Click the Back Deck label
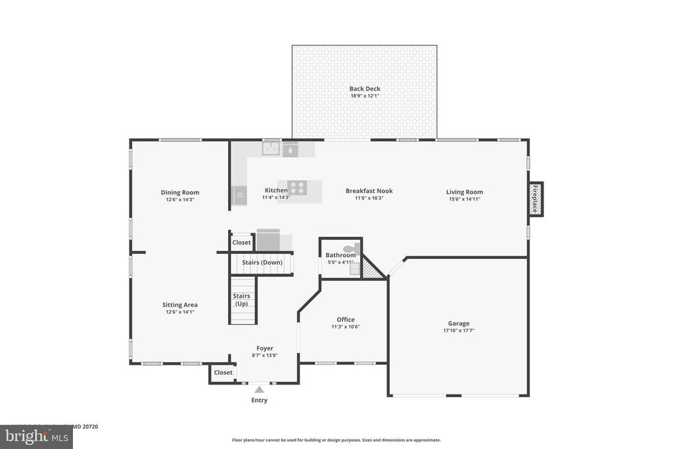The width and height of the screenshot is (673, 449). click(365, 89)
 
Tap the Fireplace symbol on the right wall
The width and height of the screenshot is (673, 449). click(536, 199)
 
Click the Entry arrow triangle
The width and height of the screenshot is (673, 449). click(259, 390)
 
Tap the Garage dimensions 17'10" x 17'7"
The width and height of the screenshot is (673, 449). click(459, 331)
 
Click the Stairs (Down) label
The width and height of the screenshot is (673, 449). click(262, 262)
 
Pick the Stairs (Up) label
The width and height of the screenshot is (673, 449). click(242, 300)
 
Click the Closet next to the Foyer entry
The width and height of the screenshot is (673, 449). click(223, 372)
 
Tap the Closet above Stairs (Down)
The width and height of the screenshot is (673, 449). click(241, 243)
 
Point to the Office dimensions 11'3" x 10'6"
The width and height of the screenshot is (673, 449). click(346, 327)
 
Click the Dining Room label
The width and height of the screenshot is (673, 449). click(180, 193)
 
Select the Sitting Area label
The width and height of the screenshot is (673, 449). click(180, 305)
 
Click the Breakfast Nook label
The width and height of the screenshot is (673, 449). click(369, 191)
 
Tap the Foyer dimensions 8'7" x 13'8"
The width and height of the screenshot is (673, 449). click(264, 356)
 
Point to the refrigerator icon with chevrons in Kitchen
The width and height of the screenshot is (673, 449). click(239, 195)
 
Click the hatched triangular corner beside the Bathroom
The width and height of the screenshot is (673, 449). click(373, 270)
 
